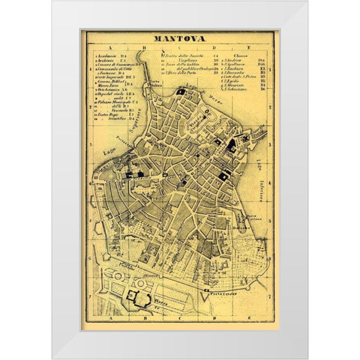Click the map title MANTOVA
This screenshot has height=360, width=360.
pyautogui.click(x=179, y=43)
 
